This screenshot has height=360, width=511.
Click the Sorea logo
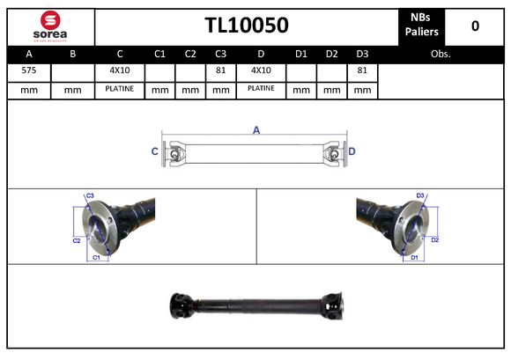click(x=50, y=26)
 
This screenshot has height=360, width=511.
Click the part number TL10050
click(x=247, y=26)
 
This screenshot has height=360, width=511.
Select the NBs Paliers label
click(x=422, y=25)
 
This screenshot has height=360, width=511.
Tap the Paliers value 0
click(x=476, y=26)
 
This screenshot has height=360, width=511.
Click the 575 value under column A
click(x=28, y=70)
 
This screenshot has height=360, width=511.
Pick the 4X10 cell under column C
click(x=119, y=70)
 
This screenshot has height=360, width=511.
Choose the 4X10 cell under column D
click(x=261, y=70)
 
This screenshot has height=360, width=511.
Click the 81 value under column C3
click(x=221, y=70)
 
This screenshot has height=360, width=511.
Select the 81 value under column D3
click(x=362, y=70)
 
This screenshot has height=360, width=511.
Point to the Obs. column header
click(x=440, y=54)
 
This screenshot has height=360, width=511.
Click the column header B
click(x=73, y=54)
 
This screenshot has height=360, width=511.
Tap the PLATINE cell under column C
click(x=119, y=89)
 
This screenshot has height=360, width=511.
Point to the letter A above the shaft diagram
click(x=256, y=130)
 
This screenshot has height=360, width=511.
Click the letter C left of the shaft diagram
click(x=155, y=151)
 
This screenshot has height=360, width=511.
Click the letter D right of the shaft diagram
click(x=352, y=151)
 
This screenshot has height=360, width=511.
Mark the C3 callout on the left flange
click(x=89, y=195)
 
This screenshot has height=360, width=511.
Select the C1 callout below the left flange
click(x=96, y=257)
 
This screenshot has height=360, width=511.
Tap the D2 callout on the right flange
click(x=435, y=239)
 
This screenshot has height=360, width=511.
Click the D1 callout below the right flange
click(x=411, y=257)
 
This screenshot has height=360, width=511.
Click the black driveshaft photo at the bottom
click(x=255, y=306)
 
